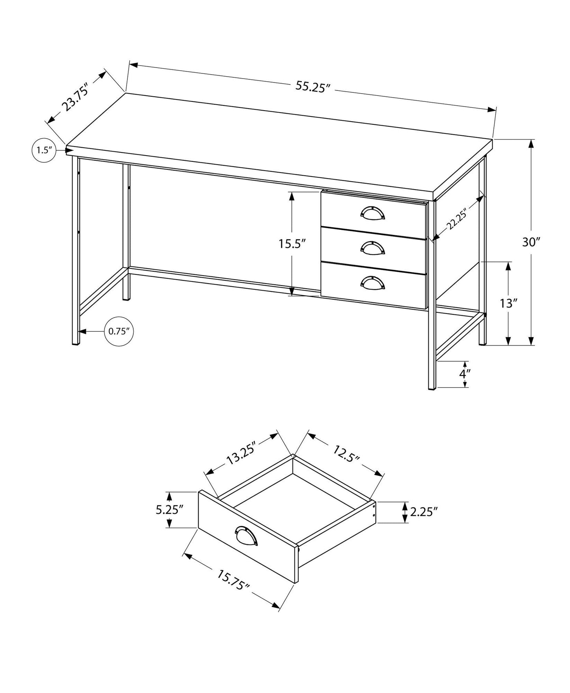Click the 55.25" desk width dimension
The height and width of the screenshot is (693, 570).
point(312,86)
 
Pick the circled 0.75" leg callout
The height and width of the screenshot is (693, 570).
point(119,332)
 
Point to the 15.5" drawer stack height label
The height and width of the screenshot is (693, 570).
point(293,244)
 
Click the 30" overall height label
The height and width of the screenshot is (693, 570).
point(531,242)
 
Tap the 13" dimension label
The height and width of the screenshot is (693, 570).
point(508,303)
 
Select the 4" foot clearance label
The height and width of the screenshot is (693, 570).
point(465,374)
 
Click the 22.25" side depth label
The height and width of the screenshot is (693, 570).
point(457,219)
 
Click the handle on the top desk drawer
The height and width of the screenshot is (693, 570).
point(372,212)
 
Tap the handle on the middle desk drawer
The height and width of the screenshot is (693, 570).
point(372,247)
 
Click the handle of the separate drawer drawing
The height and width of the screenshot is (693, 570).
point(246,536)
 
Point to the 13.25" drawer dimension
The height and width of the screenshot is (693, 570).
point(241,453)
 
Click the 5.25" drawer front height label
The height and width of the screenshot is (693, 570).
point(170,510)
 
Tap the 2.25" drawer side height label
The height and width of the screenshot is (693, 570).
point(424,512)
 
